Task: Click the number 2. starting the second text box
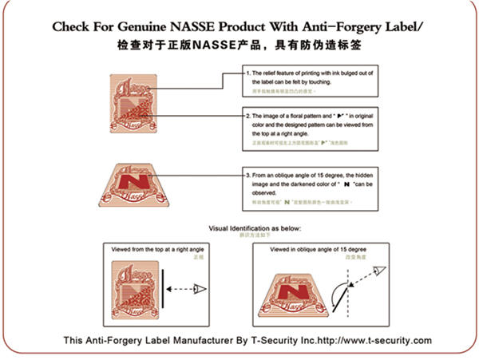248,117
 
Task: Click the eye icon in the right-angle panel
200,288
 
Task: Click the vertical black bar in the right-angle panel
164,289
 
